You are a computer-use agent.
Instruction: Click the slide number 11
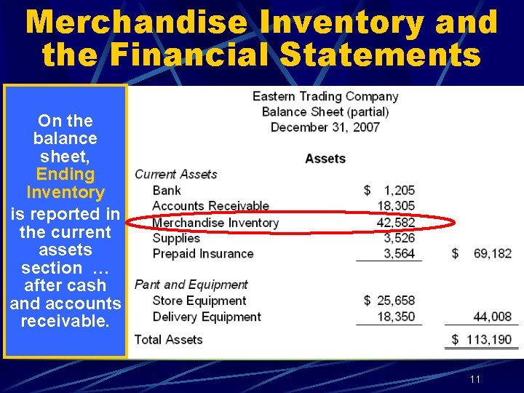coord(475,380)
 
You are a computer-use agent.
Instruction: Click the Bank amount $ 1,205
coord(389,191)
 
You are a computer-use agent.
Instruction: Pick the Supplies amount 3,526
coord(398,238)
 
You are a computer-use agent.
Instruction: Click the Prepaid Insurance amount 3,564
coord(398,254)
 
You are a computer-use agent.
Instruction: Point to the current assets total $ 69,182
coord(482,254)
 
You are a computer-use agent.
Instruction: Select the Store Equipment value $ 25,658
coord(389,301)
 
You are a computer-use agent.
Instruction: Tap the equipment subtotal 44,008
coord(492,317)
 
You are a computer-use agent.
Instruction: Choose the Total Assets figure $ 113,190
coord(482,340)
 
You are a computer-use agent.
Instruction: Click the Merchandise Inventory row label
coord(215,223)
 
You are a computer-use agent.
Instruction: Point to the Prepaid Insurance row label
coord(203,254)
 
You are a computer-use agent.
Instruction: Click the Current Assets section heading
coord(176,175)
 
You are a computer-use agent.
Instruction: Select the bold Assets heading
coord(325,159)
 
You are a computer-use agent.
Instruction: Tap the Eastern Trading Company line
coord(325,97)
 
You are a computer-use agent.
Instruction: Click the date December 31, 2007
coord(325,127)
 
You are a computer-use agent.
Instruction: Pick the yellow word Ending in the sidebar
coord(65,175)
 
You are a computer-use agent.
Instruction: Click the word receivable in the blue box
coord(65,321)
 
